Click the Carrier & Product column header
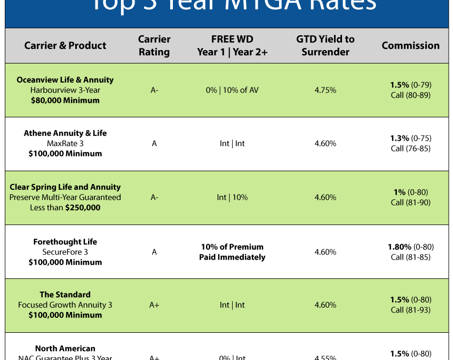click(65, 46)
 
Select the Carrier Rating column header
click(154, 46)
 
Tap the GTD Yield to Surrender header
click(325, 46)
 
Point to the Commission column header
click(410, 46)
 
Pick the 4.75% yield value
click(325, 90)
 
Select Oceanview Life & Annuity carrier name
click(65, 80)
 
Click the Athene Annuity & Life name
click(65, 133)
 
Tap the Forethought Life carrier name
click(65, 242)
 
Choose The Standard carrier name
click(65, 294)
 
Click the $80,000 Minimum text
click(65, 100)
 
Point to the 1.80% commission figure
click(399, 247)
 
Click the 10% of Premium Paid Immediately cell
click(232, 252)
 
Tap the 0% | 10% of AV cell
click(232, 90)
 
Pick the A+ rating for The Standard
click(154, 305)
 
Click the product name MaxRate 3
click(65, 143)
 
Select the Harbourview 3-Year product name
click(65, 90)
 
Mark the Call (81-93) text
click(410, 310)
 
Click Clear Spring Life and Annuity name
click(65, 187)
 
